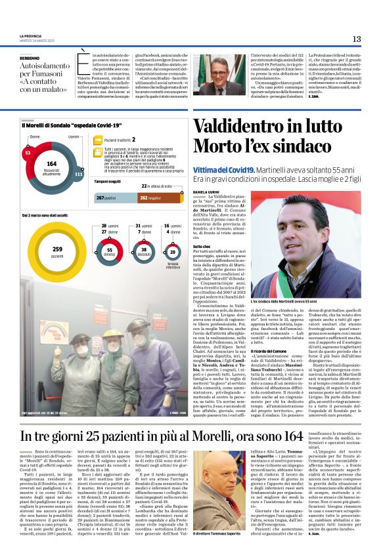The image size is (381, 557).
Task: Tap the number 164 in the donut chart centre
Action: [52, 163]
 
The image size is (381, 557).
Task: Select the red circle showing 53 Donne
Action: [28, 152]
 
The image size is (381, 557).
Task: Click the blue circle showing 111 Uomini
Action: [79, 175]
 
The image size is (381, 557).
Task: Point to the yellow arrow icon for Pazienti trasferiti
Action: [99, 140]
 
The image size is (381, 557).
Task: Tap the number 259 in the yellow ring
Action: [57, 249]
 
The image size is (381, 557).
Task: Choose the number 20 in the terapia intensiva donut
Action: [173, 251]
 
